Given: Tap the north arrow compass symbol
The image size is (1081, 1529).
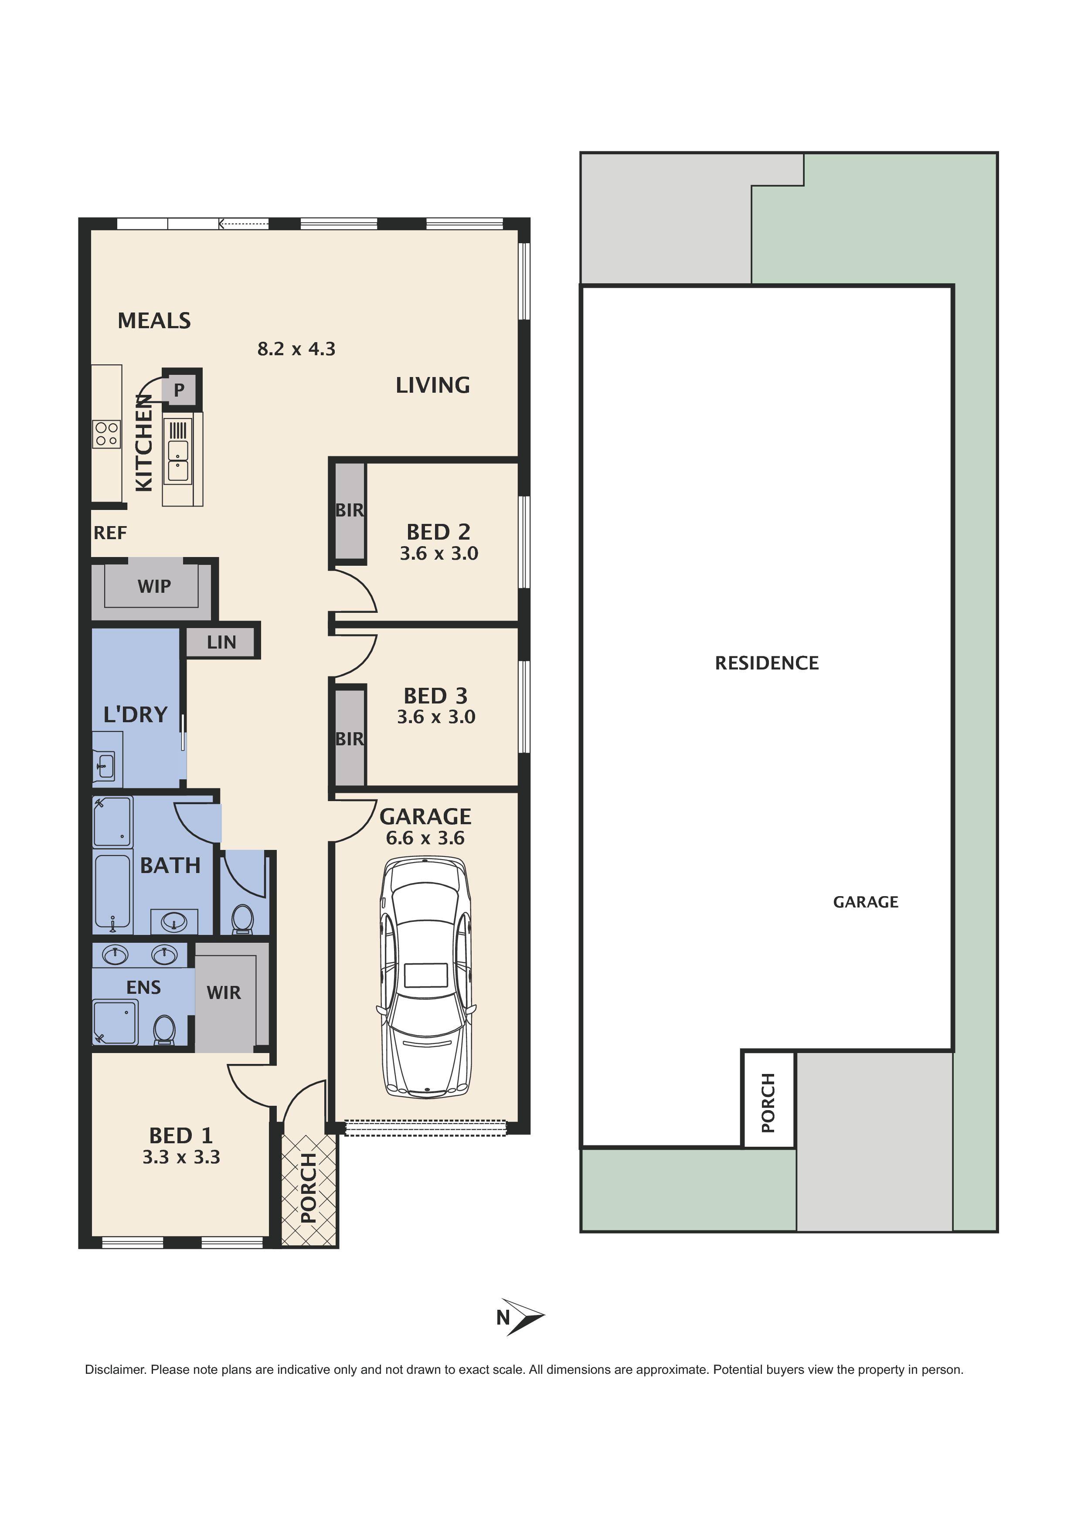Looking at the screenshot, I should click(523, 1317).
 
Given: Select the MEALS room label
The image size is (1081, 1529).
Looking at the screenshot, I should click(154, 321).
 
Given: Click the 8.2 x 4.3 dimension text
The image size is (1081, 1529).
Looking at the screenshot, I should click(296, 349).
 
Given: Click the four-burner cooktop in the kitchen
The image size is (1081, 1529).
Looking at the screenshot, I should click(106, 434).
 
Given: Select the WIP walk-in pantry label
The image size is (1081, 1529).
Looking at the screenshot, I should click(154, 586).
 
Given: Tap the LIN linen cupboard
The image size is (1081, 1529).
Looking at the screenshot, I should click(221, 642).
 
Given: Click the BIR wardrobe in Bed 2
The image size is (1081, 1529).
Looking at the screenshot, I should click(349, 511).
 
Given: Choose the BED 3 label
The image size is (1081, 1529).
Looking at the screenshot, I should click(435, 696).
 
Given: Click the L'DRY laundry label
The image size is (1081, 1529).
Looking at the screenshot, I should click(135, 714).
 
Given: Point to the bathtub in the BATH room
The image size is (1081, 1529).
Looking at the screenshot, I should click(112, 892).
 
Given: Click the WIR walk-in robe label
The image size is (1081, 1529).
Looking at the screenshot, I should click(224, 993).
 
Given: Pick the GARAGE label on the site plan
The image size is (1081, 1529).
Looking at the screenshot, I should click(865, 902).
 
